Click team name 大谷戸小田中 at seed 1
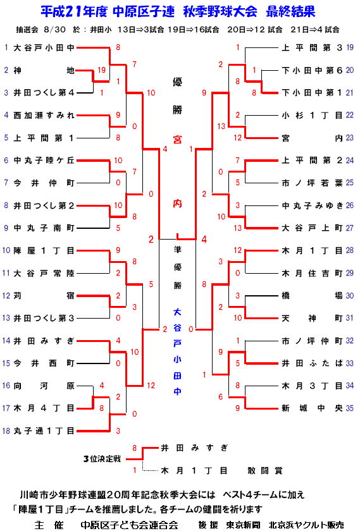[44, 48]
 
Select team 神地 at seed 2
[44, 70]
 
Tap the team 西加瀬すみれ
[44, 116]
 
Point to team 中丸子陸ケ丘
[44, 161]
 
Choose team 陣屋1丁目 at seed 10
[44, 250]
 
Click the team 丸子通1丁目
[44, 430]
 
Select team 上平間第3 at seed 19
[312, 48]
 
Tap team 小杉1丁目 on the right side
[312, 116]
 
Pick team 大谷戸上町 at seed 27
[312, 228]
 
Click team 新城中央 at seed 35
[312, 408]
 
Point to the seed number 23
[349, 138]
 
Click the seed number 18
[6, 430]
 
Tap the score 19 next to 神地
[102, 70]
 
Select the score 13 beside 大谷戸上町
[238, 228]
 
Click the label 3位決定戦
[102, 459]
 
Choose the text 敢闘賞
[264, 470]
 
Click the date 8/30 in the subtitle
[54, 30]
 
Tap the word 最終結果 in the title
[290, 12]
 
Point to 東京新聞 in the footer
[244, 525]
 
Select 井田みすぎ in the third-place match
[195, 448]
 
